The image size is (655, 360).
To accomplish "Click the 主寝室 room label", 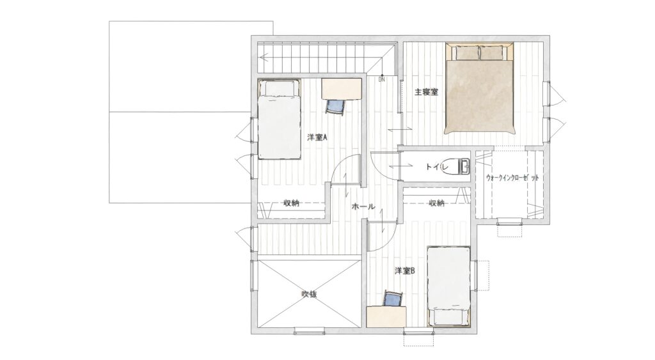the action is pyautogui.click(x=426, y=92).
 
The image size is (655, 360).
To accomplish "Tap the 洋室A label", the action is pyautogui.click(x=317, y=137).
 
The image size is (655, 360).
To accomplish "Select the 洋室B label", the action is pyautogui.click(x=405, y=271).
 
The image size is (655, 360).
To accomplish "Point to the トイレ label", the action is pyautogui.click(x=437, y=167).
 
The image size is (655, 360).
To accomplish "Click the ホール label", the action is pyautogui.click(x=363, y=207).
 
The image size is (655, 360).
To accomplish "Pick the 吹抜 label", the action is pyautogui.click(x=309, y=294).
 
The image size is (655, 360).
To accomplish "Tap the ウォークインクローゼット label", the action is pyautogui.click(x=512, y=178).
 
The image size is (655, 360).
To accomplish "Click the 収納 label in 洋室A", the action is pyautogui.click(x=291, y=203).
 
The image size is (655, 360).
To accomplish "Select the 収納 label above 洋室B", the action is pyautogui.click(x=436, y=203).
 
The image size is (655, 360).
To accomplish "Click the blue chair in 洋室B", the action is pyautogui.click(x=393, y=299).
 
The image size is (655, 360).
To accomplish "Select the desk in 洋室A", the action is pyautogui.click(x=342, y=88).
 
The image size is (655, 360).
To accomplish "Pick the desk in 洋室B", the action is pyautogui.click(x=386, y=317).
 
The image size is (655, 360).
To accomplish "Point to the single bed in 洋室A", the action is pyautogui.click(x=279, y=119).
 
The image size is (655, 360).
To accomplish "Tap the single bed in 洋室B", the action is pyautogui.click(x=449, y=286).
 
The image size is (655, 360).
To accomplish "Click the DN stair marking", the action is pyautogui.click(x=382, y=79).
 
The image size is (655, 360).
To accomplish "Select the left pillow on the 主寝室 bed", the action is pyautogui.click(x=466, y=52).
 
